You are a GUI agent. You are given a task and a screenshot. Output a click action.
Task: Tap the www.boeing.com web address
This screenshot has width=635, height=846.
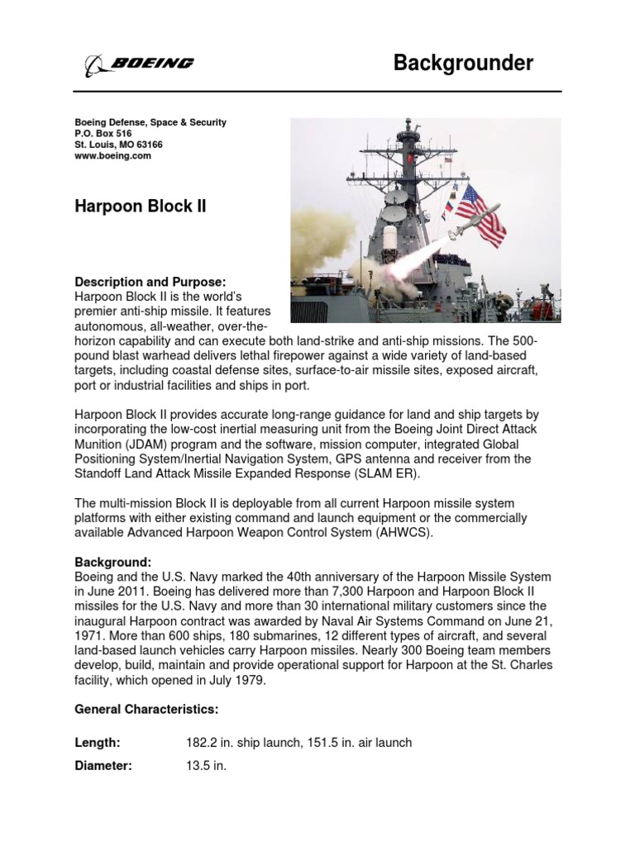point(113,155)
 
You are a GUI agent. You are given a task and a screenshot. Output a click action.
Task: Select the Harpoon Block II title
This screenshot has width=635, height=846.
point(141,206)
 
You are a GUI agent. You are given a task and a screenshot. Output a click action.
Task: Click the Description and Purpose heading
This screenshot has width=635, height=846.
point(150,282)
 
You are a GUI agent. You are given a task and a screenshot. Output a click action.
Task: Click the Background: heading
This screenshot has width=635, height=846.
point(113,562)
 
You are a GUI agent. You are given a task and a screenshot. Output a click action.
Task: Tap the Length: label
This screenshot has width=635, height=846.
point(98,743)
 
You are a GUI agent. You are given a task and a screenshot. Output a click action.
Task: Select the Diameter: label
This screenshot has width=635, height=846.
point(103,766)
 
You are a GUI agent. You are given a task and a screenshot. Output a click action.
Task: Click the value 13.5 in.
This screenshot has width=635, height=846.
point(207,766)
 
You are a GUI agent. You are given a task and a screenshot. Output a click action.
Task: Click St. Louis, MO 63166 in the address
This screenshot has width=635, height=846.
point(119,145)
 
